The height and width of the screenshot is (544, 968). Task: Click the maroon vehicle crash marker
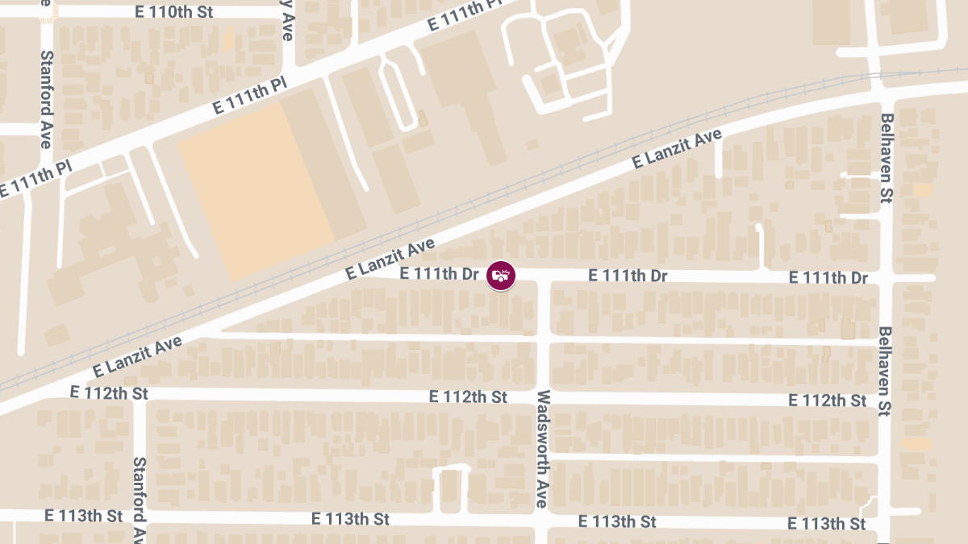pyautogui.click(x=501, y=276)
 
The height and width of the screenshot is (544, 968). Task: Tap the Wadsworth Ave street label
pyautogui.click(x=543, y=449)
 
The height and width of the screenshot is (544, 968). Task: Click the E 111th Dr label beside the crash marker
pyautogui.click(x=440, y=274)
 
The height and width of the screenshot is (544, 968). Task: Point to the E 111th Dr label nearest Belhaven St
pyautogui.click(x=828, y=278)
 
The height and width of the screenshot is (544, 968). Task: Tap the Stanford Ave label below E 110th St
pyautogui.click(x=47, y=100)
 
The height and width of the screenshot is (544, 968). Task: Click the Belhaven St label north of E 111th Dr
pyautogui.click(x=887, y=159)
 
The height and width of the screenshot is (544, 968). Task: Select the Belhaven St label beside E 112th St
pyautogui.click(x=885, y=370)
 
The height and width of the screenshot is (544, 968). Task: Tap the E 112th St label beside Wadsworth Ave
pyautogui.click(x=468, y=397)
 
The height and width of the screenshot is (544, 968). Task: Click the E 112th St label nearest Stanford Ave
pyautogui.click(x=110, y=393)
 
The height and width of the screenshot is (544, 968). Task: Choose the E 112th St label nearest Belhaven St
pyautogui.click(x=828, y=401)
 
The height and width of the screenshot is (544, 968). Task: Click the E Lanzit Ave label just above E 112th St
pyautogui.click(x=136, y=358)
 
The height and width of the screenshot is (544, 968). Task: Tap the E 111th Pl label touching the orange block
pyautogui.click(x=249, y=96)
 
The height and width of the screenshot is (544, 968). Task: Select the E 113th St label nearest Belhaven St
pyautogui.click(x=827, y=524)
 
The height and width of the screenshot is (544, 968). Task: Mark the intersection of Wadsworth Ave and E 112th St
pyautogui.click(x=543, y=397)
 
